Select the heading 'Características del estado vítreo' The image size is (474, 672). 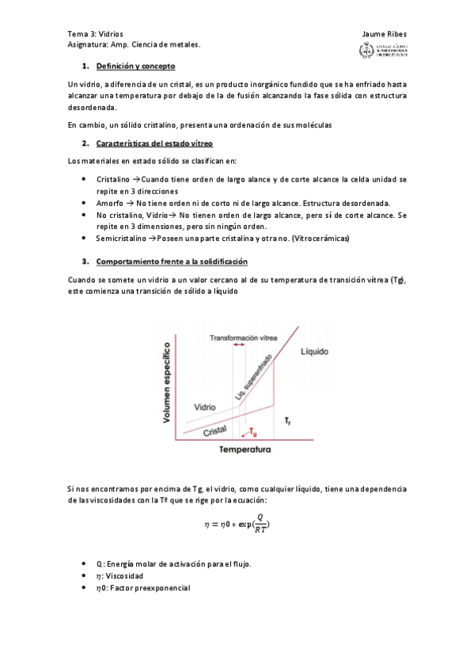tap(154, 143)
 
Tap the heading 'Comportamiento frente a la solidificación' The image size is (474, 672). tap(172, 262)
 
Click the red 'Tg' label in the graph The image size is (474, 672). tap(252, 433)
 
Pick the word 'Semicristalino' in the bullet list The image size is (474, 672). tap(123, 238)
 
